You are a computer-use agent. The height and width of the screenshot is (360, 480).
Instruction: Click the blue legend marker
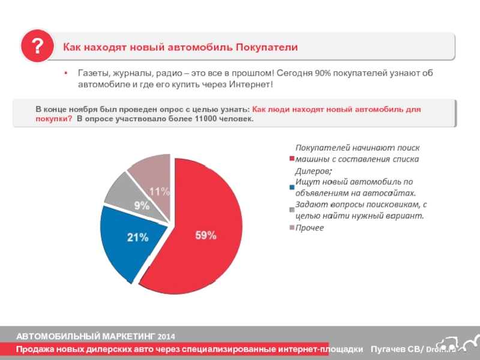(292, 187)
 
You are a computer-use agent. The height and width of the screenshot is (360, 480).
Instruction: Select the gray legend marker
(292, 210)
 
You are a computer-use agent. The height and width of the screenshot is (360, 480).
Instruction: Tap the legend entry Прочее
(310, 228)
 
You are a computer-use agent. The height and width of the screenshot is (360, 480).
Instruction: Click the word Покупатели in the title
(266, 47)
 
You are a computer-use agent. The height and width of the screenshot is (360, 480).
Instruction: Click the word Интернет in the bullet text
(250, 84)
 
